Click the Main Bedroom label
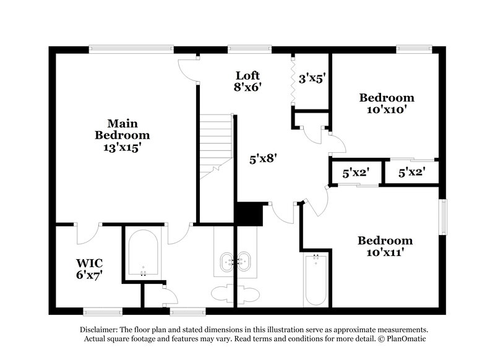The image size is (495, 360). pyautogui.click(x=122, y=134)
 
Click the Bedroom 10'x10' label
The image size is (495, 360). pyautogui.click(x=386, y=103)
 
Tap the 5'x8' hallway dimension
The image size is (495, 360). pyautogui.click(x=262, y=158)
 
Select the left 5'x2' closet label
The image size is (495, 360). pyautogui.click(x=356, y=174)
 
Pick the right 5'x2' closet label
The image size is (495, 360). pyautogui.click(x=411, y=174)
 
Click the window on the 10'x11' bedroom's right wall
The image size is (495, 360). pyautogui.click(x=443, y=216)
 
